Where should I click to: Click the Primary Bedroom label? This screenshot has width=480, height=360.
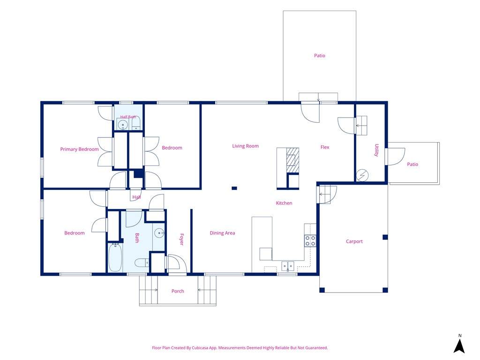tap(79, 150)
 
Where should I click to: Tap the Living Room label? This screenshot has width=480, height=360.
tap(245, 146)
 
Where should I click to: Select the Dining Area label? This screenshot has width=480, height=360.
tap(222, 233)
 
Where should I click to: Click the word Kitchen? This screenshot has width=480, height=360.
tap(284, 203)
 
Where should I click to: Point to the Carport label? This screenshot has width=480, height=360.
tap(354, 241)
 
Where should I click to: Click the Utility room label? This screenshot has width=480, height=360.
tap(376, 150)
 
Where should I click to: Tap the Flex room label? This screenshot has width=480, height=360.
tap(325, 147)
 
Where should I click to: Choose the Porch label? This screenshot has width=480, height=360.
tap(178, 291)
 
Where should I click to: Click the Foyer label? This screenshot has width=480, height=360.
tap(181, 240)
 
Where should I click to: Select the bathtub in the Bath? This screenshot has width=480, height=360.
tap(115, 257)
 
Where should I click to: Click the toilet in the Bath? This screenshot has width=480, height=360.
tap(142, 262)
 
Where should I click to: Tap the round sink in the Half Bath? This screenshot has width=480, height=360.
tap(123, 125)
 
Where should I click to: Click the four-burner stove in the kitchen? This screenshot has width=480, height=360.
tap(310, 241)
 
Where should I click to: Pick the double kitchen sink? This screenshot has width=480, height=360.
tap(288, 266)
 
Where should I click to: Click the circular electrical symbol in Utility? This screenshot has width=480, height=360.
tap(362, 175)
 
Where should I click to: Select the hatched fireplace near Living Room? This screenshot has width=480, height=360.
tap(292, 160)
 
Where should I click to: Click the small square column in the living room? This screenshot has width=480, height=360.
tap(234, 188)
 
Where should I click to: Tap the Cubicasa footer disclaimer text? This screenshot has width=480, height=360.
tap(240, 348)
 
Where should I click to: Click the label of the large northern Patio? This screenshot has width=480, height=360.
tap(320, 56)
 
